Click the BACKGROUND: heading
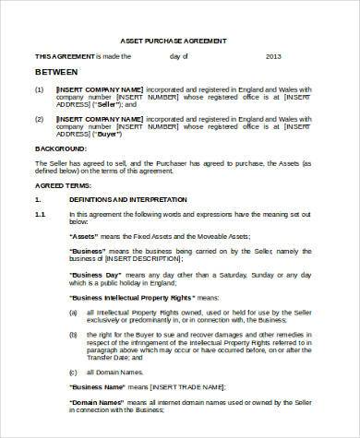[x=61, y=148]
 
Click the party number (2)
[x=39, y=120]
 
